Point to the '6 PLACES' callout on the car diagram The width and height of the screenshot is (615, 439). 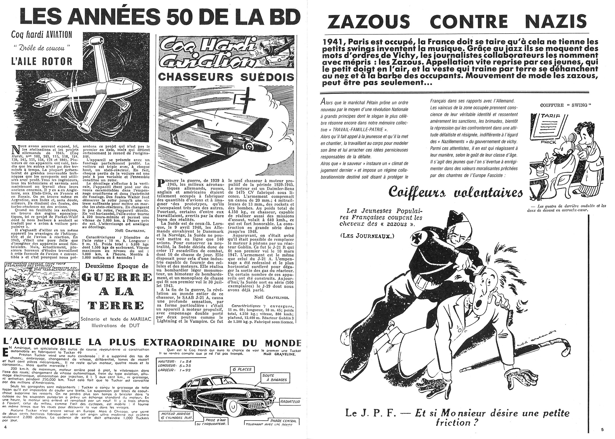point(240,369)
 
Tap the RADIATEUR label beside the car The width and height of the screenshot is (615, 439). point(290,402)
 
